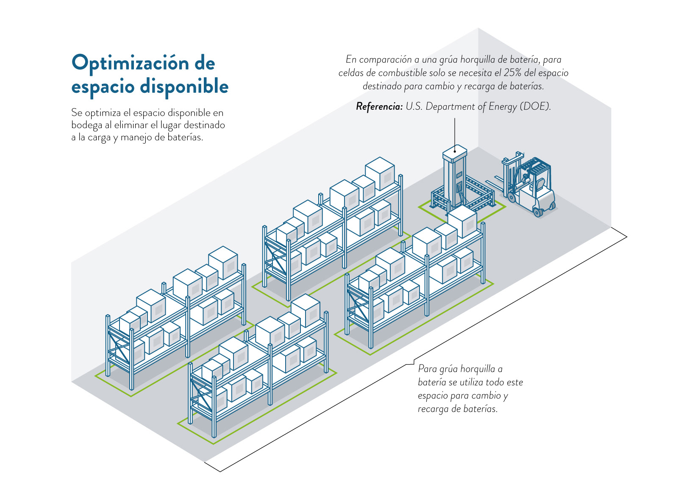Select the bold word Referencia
point(379,106)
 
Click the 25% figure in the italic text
point(512,73)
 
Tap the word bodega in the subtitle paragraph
point(86,125)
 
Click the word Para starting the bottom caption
point(427,369)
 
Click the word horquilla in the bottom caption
point(478,369)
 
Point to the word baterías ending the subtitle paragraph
point(185,137)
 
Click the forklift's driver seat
point(539,185)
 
